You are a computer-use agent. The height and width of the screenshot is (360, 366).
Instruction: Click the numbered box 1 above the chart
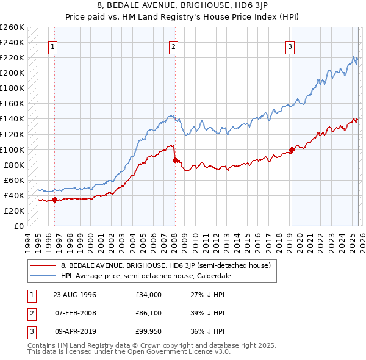coord(53,47)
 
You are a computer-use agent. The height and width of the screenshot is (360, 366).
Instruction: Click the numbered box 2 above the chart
coord(174,47)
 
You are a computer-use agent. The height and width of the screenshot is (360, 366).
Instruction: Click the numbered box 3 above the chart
coord(290,47)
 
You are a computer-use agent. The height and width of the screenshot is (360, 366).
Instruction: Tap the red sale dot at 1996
coord(55,200)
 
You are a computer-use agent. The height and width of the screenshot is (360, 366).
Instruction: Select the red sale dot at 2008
coord(175,160)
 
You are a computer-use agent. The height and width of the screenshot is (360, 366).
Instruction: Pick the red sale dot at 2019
coord(292,149)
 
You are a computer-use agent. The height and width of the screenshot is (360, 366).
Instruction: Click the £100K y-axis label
coord(12,149)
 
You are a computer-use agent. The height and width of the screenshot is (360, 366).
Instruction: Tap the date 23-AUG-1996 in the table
coord(76,295)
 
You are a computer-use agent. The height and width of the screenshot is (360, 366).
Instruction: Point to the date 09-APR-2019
coord(76,331)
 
